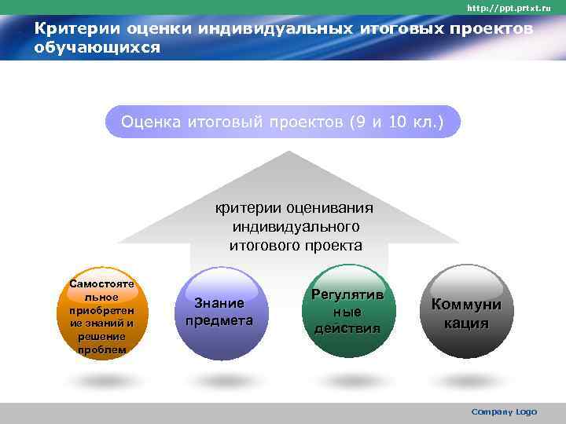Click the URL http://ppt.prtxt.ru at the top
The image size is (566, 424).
pyautogui.click(x=509, y=8)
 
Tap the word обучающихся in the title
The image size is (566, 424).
pyautogui.click(x=97, y=48)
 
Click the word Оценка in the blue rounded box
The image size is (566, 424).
pyautogui.click(x=151, y=122)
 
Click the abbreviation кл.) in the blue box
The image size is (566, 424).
pyautogui.click(x=429, y=122)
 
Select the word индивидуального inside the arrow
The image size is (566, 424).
pyautogui.click(x=296, y=227)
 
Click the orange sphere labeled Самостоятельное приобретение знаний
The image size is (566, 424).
pyautogui.click(x=102, y=315)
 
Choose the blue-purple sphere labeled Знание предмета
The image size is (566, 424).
pyautogui.click(x=219, y=313)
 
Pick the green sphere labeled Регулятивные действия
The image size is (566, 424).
pyautogui.click(x=347, y=312)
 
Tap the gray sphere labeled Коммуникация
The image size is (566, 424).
pyautogui.click(x=465, y=314)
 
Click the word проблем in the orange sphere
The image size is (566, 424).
pyautogui.click(x=102, y=349)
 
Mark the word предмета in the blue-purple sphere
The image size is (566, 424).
pyautogui.click(x=219, y=320)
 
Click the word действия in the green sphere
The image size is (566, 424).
pyautogui.click(x=347, y=328)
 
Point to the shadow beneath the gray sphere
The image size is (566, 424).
pyautogui.click(x=465, y=380)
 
